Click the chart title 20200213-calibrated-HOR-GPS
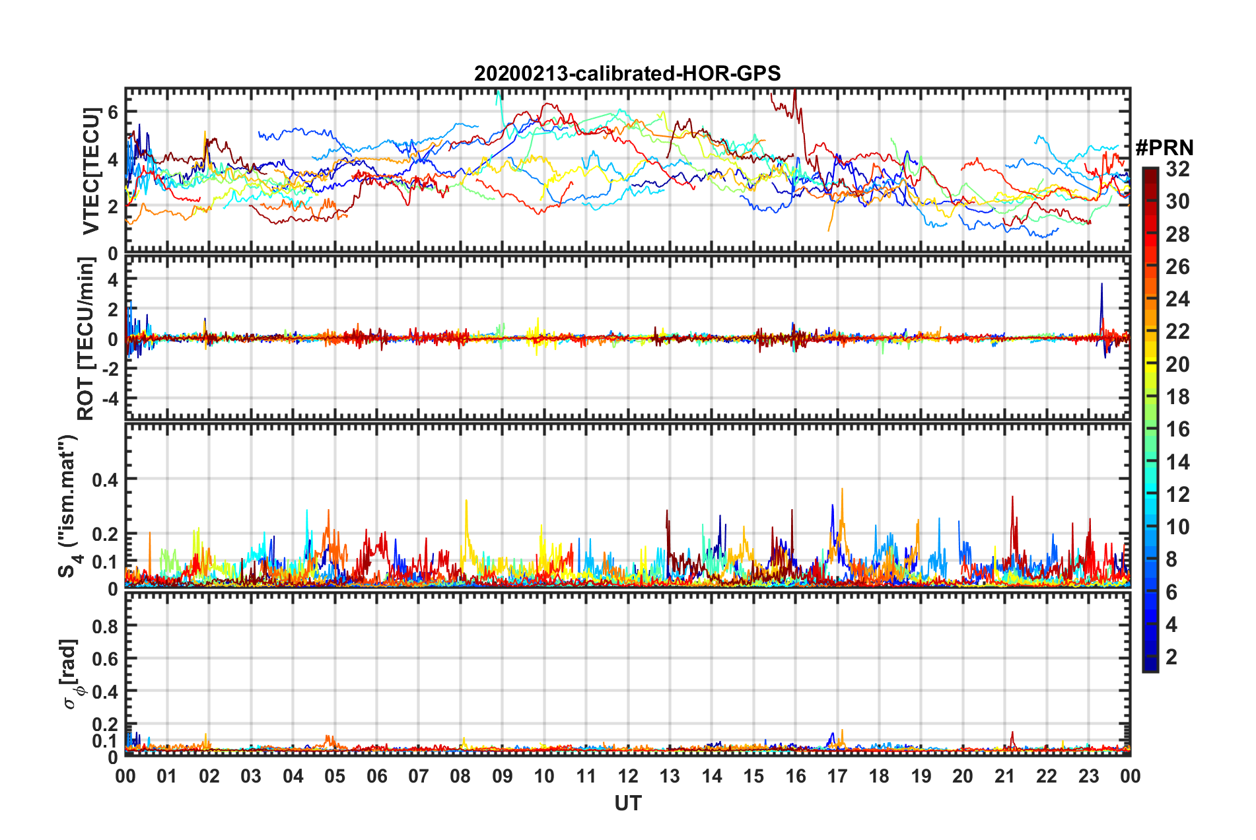click(x=627, y=73)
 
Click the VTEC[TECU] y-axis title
click(x=90, y=171)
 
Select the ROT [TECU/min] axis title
click(x=87, y=339)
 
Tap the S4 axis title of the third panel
click(x=69, y=506)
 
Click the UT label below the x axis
click(x=627, y=803)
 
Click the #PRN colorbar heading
click(x=1164, y=148)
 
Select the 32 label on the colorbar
click(x=1177, y=169)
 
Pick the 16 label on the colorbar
click(x=1177, y=429)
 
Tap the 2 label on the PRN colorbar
click(x=1171, y=656)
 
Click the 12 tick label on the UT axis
click(x=628, y=776)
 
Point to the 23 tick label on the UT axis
click(x=1088, y=776)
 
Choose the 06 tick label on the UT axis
click(x=376, y=776)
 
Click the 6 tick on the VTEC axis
click(x=113, y=112)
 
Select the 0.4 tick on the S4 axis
click(x=105, y=479)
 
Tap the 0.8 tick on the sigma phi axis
click(x=105, y=625)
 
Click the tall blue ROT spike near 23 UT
click(x=1101, y=285)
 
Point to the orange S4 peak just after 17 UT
click(x=842, y=491)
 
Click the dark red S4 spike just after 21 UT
click(x=1012, y=498)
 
